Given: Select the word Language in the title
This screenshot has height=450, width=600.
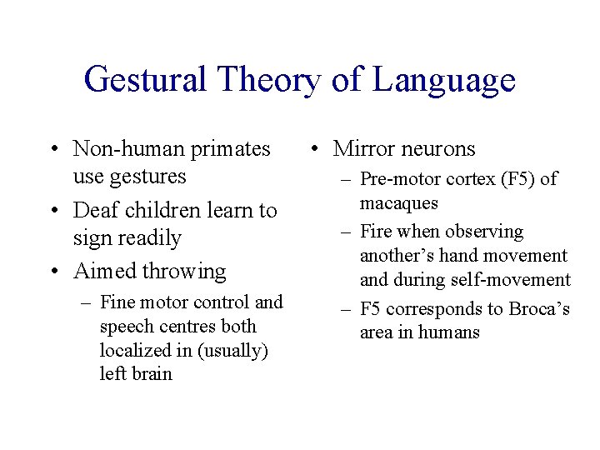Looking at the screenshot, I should coord(444,81).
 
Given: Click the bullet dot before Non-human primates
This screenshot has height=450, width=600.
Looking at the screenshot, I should coord(53,150).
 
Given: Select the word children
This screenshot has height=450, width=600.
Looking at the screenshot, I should coord(162,210).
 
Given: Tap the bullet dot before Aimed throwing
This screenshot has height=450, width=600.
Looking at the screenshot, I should coord(53,272).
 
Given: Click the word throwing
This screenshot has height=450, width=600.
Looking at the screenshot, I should coord(184,272).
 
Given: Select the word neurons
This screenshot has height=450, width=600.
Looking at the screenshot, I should coord(437,149).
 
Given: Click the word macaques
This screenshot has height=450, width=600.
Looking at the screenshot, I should coord(399,203).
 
